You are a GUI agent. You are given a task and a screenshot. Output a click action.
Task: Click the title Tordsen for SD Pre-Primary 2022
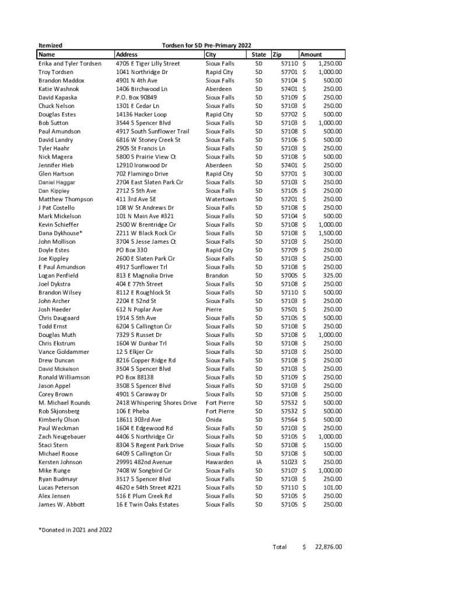(206, 45)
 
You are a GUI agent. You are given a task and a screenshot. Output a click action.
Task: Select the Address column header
(127, 54)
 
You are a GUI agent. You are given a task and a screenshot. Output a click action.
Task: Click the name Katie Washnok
(58, 89)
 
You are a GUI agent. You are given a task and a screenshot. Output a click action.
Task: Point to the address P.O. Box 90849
(136, 97)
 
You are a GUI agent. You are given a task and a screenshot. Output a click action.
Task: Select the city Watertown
(221, 199)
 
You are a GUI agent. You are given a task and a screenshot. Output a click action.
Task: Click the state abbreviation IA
(259, 462)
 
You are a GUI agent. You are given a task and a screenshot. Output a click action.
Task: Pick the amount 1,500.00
(329, 233)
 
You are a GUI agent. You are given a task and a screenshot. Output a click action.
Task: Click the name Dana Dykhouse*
(60, 233)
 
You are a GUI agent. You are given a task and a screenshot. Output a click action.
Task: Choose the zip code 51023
(289, 462)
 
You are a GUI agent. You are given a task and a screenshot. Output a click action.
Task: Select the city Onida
(214, 420)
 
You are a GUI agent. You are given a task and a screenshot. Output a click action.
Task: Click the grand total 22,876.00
(328, 547)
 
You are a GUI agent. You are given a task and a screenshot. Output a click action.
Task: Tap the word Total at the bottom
(279, 547)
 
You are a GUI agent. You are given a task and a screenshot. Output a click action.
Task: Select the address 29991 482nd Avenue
(144, 462)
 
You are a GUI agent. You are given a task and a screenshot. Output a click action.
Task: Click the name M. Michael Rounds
(64, 403)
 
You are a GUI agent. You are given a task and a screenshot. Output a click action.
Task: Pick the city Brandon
(217, 276)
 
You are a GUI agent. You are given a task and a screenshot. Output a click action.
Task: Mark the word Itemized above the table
(50, 45)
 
